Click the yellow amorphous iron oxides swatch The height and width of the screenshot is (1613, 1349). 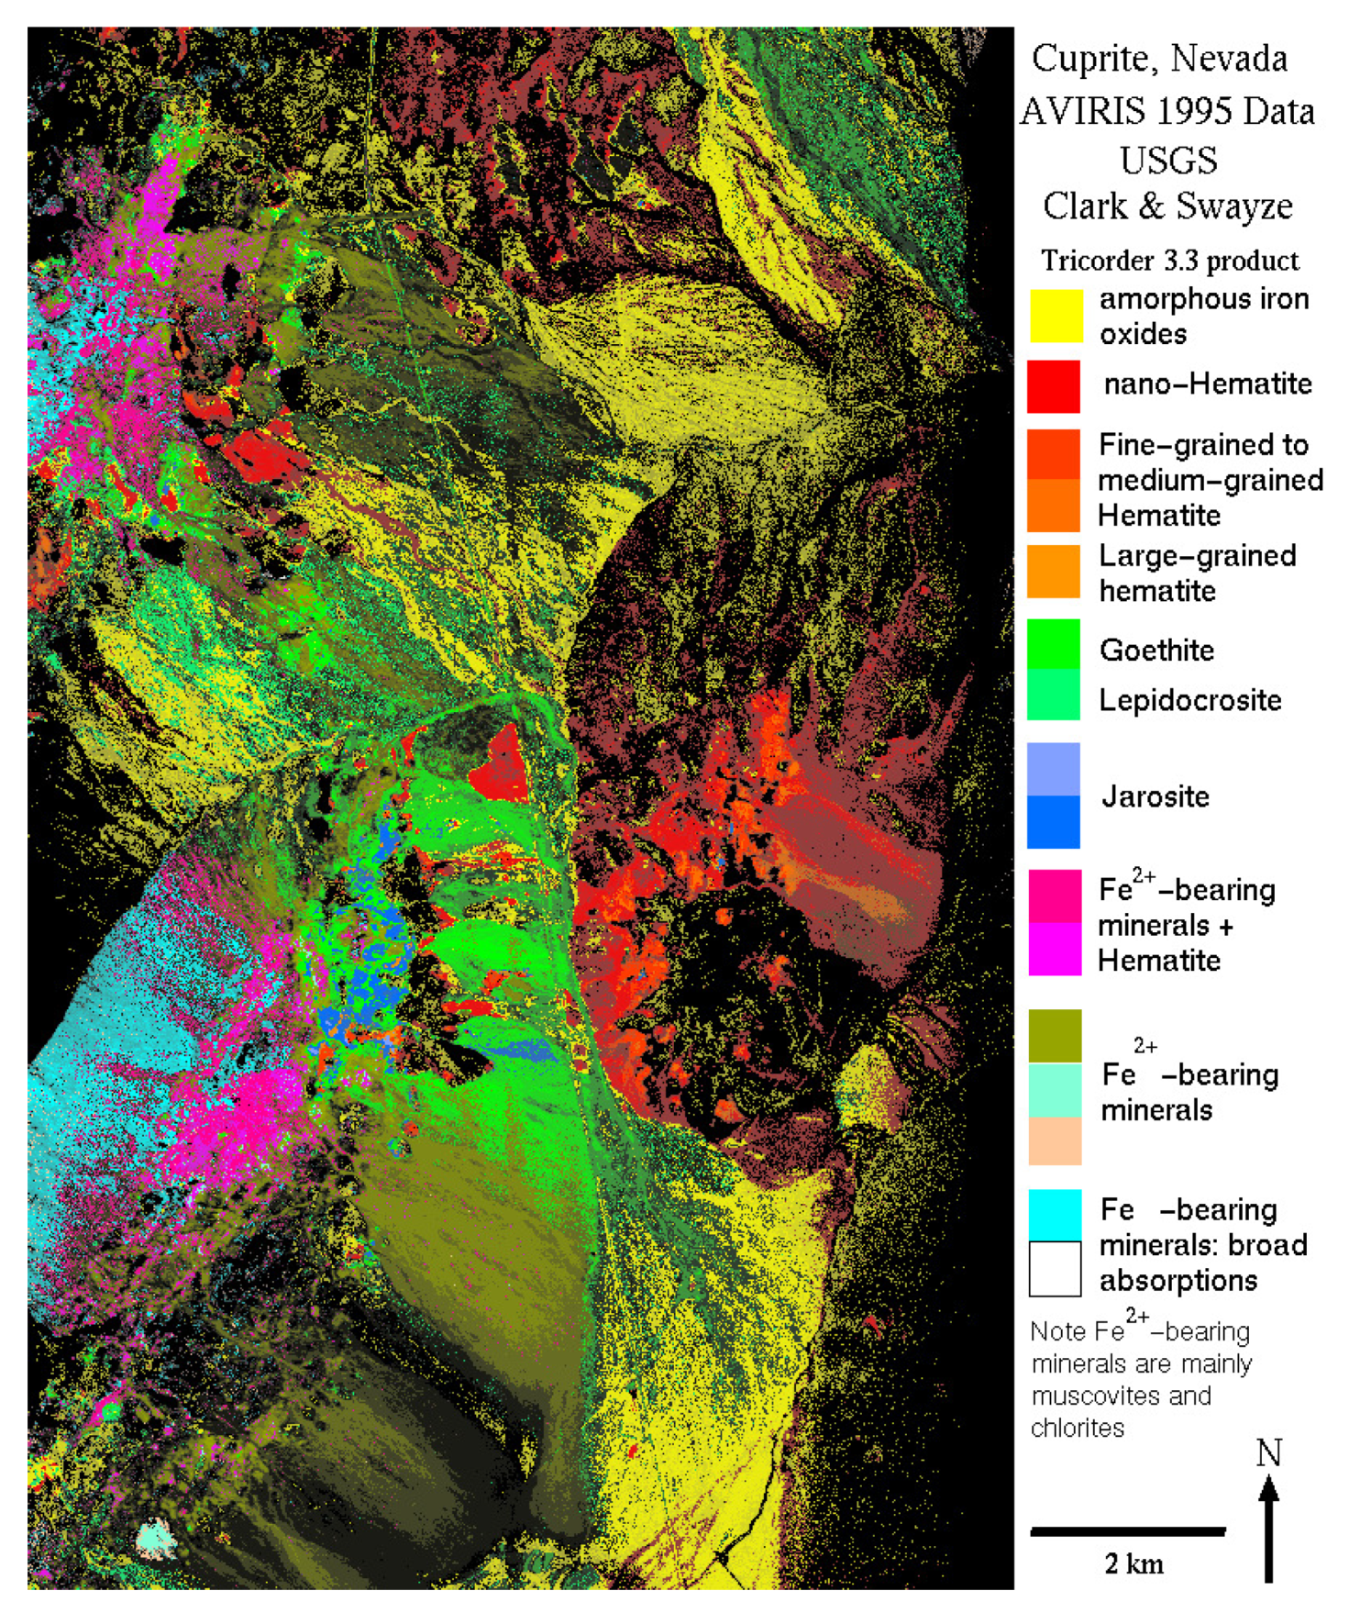(x=1055, y=316)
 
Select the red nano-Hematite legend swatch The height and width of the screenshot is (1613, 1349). (x=1054, y=386)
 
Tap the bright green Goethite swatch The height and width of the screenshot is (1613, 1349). (x=1054, y=643)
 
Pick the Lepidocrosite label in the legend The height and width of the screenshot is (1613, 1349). (x=1190, y=701)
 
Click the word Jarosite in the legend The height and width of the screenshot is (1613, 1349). (x=1155, y=796)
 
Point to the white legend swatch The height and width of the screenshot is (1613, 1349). (x=1055, y=1269)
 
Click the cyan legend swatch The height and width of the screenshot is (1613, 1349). (x=1055, y=1215)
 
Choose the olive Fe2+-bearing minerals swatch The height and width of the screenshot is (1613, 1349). (x=1055, y=1036)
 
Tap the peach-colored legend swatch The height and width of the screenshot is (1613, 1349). (x=1055, y=1140)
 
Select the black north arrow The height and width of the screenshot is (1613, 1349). (x=1268, y=1528)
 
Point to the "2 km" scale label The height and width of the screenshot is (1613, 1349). (x=1133, y=1563)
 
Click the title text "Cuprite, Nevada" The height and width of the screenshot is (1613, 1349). (x=1159, y=59)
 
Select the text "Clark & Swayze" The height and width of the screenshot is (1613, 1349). (x=1167, y=206)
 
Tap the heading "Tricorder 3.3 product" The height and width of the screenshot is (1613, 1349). (x=1170, y=261)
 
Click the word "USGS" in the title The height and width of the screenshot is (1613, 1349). (x=1168, y=161)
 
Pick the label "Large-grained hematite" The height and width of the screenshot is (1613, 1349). (x=1197, y=573)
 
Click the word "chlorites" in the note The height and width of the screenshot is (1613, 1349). (x=1078, y=1429)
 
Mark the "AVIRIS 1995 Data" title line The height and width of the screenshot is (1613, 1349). (x=1167, y=111)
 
